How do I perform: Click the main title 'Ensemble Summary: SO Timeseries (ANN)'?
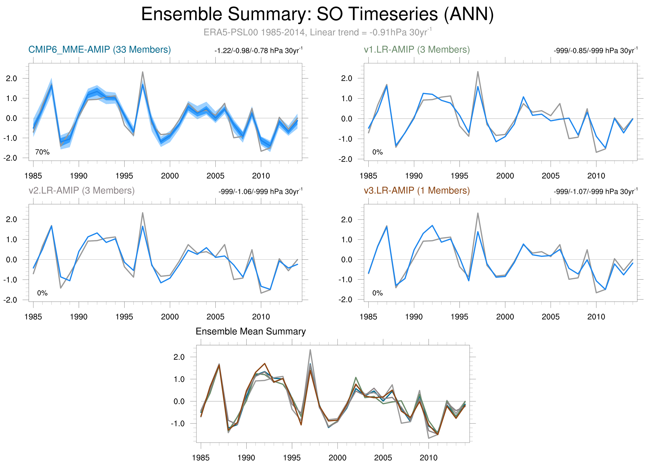tap(317, 14)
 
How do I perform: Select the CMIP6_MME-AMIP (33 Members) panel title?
tap(100, 50)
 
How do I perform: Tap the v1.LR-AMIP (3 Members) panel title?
tap(417, 50)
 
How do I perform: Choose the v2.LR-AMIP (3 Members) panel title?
tap(82, 190)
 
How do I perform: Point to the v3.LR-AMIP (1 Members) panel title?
tap(417, 190)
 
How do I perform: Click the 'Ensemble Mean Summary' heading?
tap(250, 331)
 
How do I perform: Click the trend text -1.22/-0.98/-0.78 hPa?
tap(258, 51)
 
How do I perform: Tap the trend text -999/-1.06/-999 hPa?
tap(260, 192)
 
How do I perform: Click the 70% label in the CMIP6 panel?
tap(42, 152)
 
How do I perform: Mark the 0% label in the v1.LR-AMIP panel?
tap(377, 152)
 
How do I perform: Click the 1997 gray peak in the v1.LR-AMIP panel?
tap(478, 72)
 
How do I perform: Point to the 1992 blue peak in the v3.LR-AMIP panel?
tap(432, 225)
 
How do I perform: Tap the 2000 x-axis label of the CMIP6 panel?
tap(170, 176)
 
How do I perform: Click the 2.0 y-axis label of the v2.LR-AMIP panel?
tap(11, 219)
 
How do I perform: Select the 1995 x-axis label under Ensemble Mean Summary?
tap(292, 458)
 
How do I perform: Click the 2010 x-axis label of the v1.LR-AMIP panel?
tap(596, 176)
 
